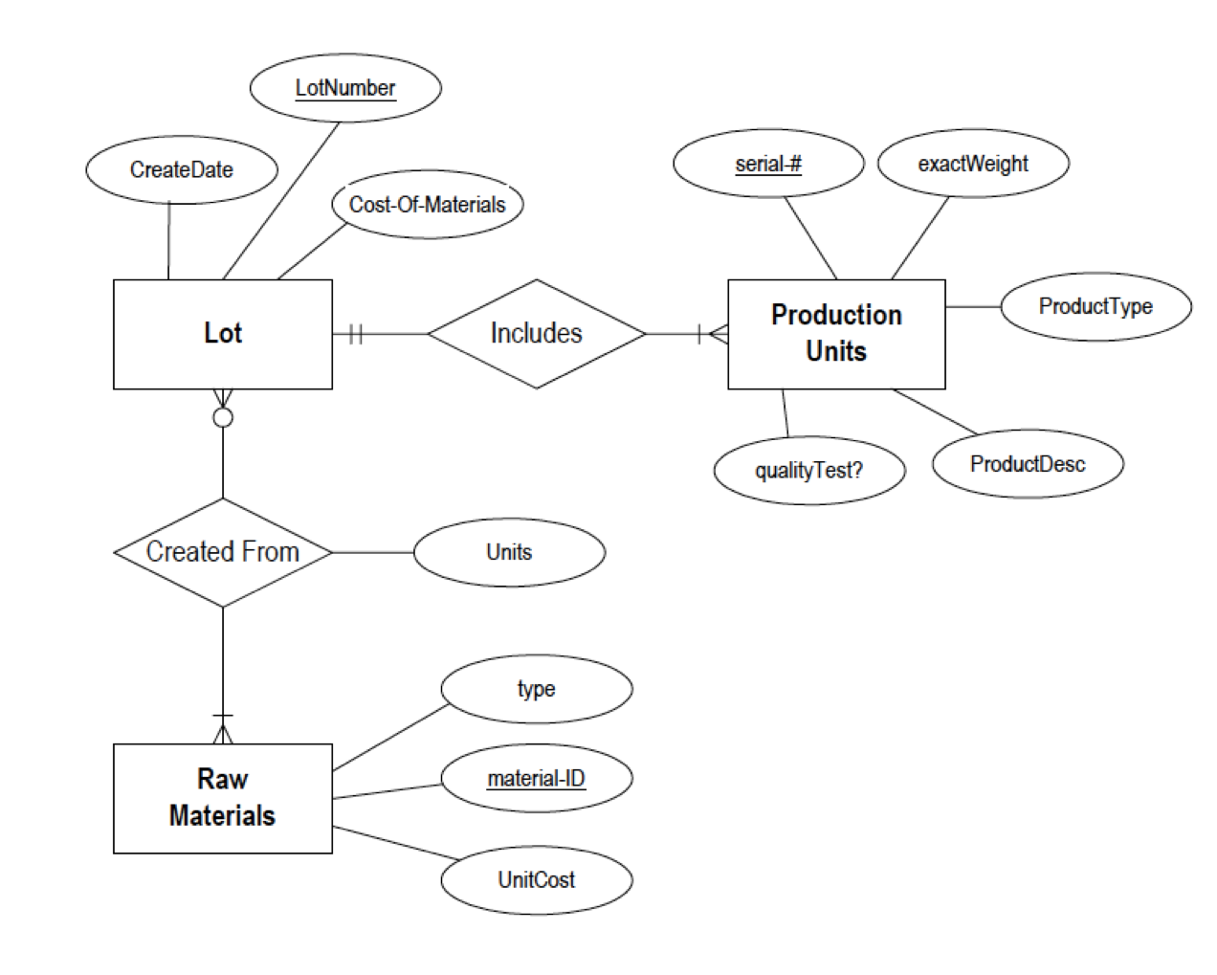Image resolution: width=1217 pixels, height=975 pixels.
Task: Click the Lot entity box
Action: coord(222,334)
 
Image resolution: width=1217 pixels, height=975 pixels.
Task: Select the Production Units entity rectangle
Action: coord(835,334)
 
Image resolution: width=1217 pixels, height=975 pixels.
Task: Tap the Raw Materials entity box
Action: coord(222,798)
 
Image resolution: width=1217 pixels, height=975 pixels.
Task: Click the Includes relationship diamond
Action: coord(536,334)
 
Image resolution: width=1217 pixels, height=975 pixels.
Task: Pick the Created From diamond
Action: coord(222,552)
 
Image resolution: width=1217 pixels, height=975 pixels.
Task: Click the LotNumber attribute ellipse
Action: coord(344,88)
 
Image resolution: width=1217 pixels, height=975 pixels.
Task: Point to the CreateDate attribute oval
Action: coord(181,169)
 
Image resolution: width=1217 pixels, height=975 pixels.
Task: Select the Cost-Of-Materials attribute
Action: coord(427,205)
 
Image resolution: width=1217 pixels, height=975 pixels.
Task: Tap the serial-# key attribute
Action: coord(767,164)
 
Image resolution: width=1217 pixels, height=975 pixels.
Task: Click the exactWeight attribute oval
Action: coord(972,164)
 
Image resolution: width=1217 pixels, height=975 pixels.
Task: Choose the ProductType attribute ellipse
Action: coord(1095,306)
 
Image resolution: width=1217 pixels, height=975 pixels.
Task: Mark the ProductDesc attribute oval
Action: coord(1027,464)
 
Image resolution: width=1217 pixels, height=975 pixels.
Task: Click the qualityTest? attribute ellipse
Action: coord(808,470)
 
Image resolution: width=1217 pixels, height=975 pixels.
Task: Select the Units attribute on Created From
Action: coord(508,552)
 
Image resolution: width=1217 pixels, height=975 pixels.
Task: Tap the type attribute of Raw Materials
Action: coord(536,689)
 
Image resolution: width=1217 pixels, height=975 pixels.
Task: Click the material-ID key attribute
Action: coord(536,779)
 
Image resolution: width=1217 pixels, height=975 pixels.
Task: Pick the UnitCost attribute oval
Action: coord(536,880)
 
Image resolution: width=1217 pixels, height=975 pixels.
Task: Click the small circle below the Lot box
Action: coord(222,417)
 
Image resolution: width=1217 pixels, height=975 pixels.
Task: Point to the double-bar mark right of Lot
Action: coord(355,334)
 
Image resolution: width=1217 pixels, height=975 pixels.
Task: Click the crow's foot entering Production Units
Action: coord(716,334)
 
